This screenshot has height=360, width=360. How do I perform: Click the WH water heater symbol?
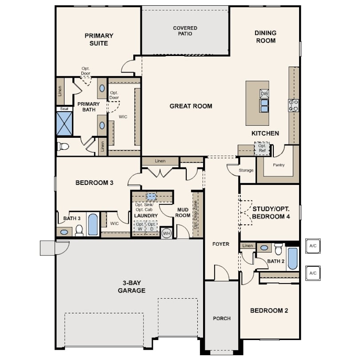pyautogui.click(x=167, y=233)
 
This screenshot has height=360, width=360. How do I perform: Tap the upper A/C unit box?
pyautogui.click(x=313, y=246)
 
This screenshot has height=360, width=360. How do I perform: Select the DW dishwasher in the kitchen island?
pyautogui.click(x=264, y=94)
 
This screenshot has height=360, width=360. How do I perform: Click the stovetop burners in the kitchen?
pyautogui.click(x=293, y=105)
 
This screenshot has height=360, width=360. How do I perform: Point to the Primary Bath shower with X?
pyautogui.click(x=64, y=124)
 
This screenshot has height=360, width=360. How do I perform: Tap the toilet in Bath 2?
pyautogui.click(x=278, y=249)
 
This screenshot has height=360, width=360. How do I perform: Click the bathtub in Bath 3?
pyautogui.click(x=93, y=224)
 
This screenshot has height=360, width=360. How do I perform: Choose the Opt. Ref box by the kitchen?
pyautogui.click(x=262, y=148)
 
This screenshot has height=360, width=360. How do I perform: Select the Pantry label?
pyautogui.click(x=279, y=165)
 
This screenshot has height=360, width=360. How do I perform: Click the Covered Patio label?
pyautogui.click(x=185, y=31)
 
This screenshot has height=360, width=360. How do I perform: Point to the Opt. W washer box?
pyautogui.click(x=140, y=227)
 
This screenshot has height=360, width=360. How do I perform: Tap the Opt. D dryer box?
pyautogui.click(x=152, y=227)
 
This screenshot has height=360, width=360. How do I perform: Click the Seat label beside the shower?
pyautogui.click(x=64, y=109)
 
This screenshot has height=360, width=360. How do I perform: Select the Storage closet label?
pyautogui.click(x=246, y=170)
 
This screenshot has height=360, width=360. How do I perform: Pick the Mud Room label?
pyautogui.click(x=183, y=212)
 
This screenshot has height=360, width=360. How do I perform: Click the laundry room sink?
pyautogui.click(x=151, y=197)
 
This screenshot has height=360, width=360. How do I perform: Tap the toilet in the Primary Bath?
pyautogui.click(x=63, y=146)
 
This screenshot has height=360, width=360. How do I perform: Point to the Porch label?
pyautogui.click(x=222, y=318)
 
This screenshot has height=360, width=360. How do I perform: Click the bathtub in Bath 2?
pyautogui.click(x=292, y=259)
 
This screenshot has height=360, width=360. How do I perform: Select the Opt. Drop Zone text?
pyautogui.click(x=196, y=215)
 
